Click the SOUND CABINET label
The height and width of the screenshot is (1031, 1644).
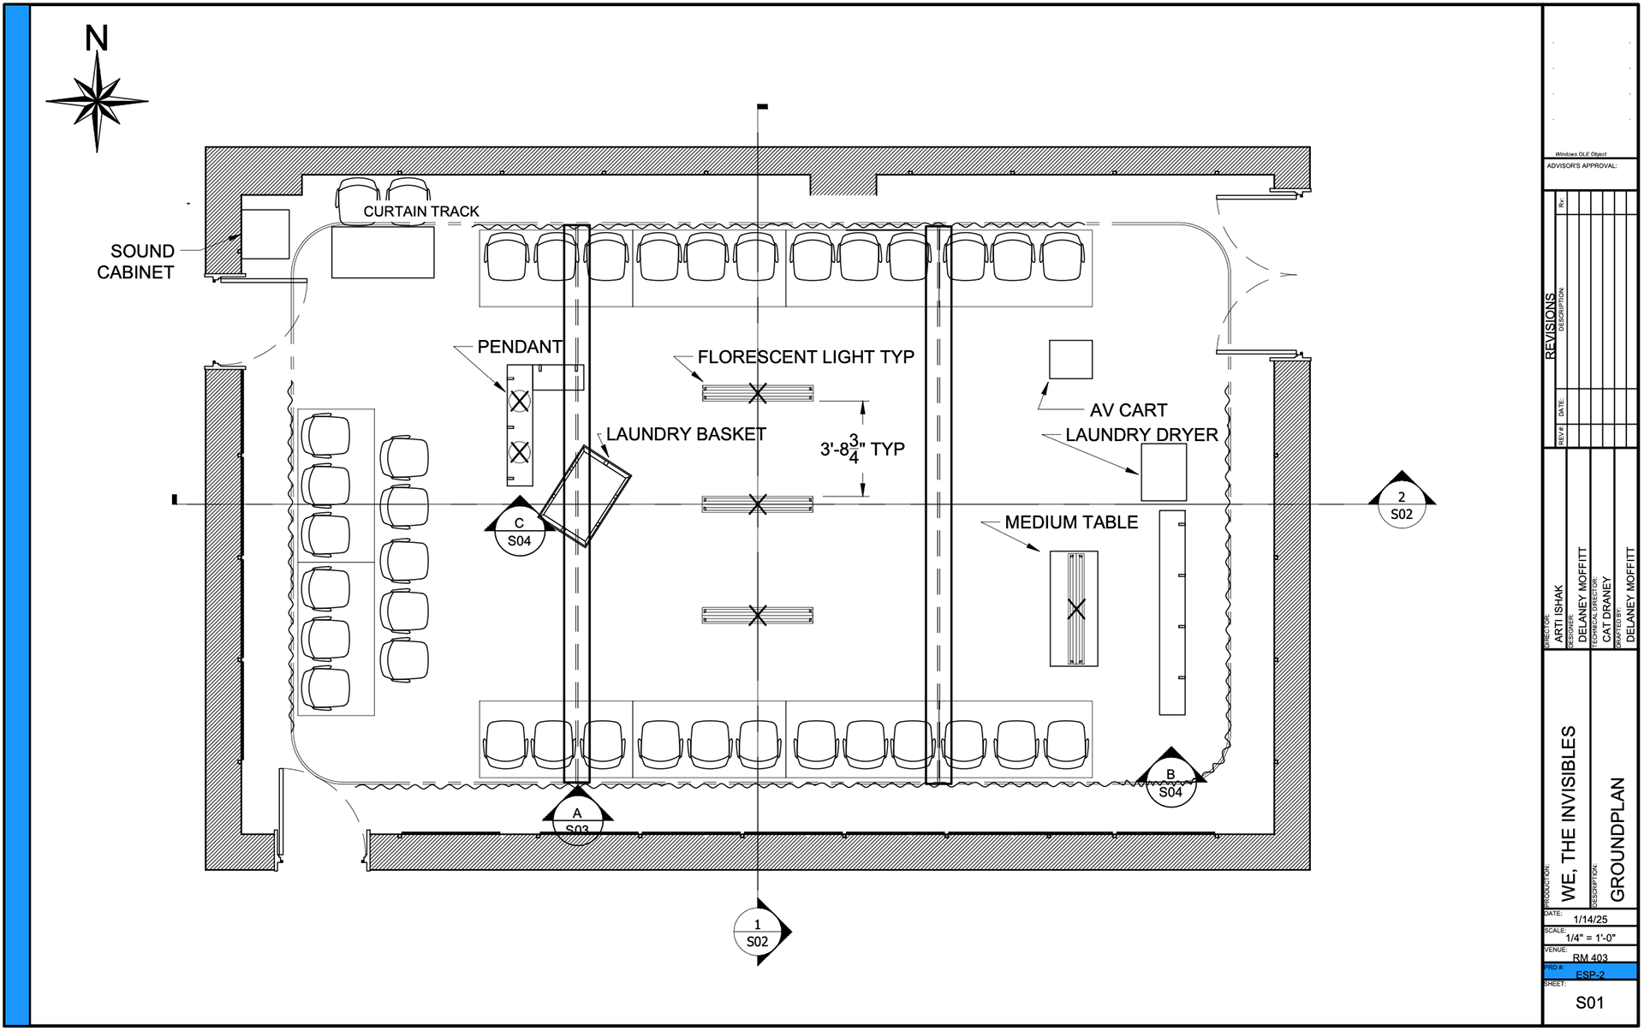pyautogui.click(x=137, y=261)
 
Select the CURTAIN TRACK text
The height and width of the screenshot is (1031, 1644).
pyautogui.click(x=421, y=212)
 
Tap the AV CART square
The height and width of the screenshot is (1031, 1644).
pyautogui.click(x=1070, y=360)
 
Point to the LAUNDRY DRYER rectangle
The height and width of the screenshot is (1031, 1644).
pyautogui.click(x=1164, y=473)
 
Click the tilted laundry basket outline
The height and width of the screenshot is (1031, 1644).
pyautogui.click(x=587, y=497)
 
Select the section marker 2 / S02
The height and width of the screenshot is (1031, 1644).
pyautogui.click(x=1401, y=505)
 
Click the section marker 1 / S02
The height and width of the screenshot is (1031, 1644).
pyautogui.click(x=758, y=933)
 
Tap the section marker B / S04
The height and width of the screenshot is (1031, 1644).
pyautogui.click(x=1170, y=783)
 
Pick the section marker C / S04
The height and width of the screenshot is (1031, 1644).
pyautogui.click(x=519, y=532)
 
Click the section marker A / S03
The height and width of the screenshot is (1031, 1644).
pyautogui.click(x=577, y=820)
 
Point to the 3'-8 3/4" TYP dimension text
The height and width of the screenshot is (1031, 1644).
pyautogui.click(x=861, y=449)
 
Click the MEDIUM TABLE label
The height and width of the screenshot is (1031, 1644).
pyautogui.click(x=1071, y=522)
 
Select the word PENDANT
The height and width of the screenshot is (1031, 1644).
pyautogui.click(x=519, y=347)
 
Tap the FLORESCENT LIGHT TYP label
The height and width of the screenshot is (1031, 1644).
pyautogui.click(x=806, y=357)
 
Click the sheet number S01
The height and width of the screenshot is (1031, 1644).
pyautogui.click(x=1589, y=1003)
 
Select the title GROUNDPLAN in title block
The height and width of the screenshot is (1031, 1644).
pyautogui.click(x=1617, y=839)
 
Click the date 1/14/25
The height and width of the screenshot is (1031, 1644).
pyautogui.click(x=1590, y=919)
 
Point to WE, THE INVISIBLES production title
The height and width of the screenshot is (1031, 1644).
pyautogui.click(x=1569, y=813)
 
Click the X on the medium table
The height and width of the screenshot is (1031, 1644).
pyautogui.click(x=1076, y=609)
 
